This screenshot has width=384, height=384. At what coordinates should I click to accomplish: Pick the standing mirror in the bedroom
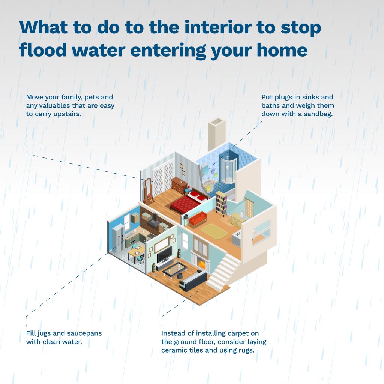tap(147, 191)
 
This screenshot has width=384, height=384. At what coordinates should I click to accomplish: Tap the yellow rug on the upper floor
tap(214, 231)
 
